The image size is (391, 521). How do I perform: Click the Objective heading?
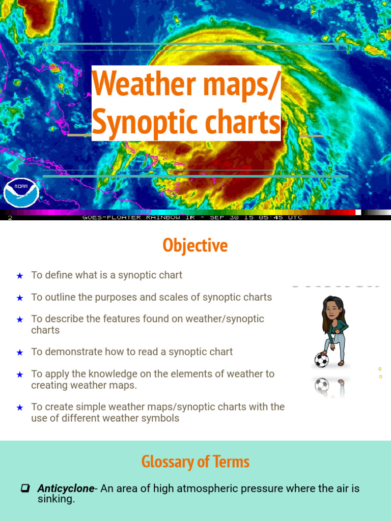[195, 246]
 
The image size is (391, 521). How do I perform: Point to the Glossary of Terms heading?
[195, 462]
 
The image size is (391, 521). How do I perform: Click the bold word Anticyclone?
[66, 488]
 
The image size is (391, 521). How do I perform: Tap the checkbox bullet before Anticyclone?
[24, 488]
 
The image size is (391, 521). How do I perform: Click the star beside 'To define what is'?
[20, 276]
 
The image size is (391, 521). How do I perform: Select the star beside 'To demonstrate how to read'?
[20, 352]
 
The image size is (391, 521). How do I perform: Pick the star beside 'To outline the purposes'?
[20, 298]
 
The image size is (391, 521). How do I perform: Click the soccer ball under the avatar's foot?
[321, 360]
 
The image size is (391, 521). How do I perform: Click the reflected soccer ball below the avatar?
[322, 386]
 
